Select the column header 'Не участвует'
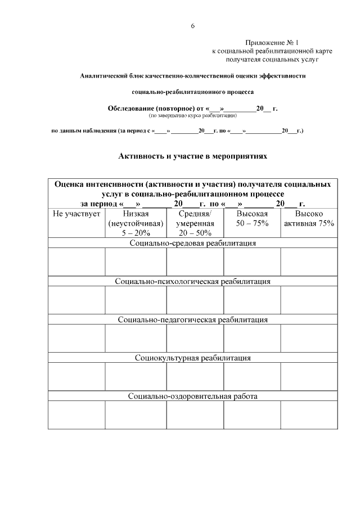point(76,214)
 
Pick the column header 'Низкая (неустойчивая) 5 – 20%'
point(136,223)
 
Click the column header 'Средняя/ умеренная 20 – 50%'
point(195,223)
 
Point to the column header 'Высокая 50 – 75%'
point(252,219)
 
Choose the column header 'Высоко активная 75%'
point(309,219)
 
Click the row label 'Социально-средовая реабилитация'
point(193,243)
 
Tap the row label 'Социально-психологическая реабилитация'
point(193,281)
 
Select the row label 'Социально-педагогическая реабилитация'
point(193,319)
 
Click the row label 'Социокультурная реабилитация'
point(193,358)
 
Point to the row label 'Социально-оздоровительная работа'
point(193,396)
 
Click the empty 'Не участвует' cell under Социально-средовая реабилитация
point(76,262)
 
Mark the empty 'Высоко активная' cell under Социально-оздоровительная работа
point(309,415)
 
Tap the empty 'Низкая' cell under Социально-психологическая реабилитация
point(136,300)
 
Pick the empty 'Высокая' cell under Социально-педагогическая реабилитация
point(252,339)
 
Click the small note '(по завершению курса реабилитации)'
point(193,115)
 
